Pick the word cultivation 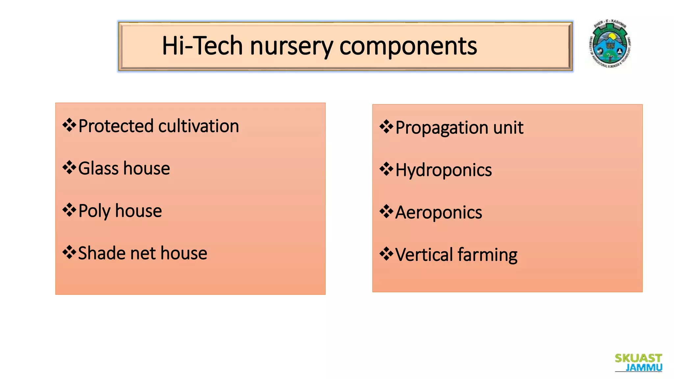(x=198, y=126)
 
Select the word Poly (x=94, y=211)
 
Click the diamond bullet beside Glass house (x=69, y=168)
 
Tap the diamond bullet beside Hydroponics (x=386, y=169)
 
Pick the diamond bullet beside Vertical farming (x=386, y=254)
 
